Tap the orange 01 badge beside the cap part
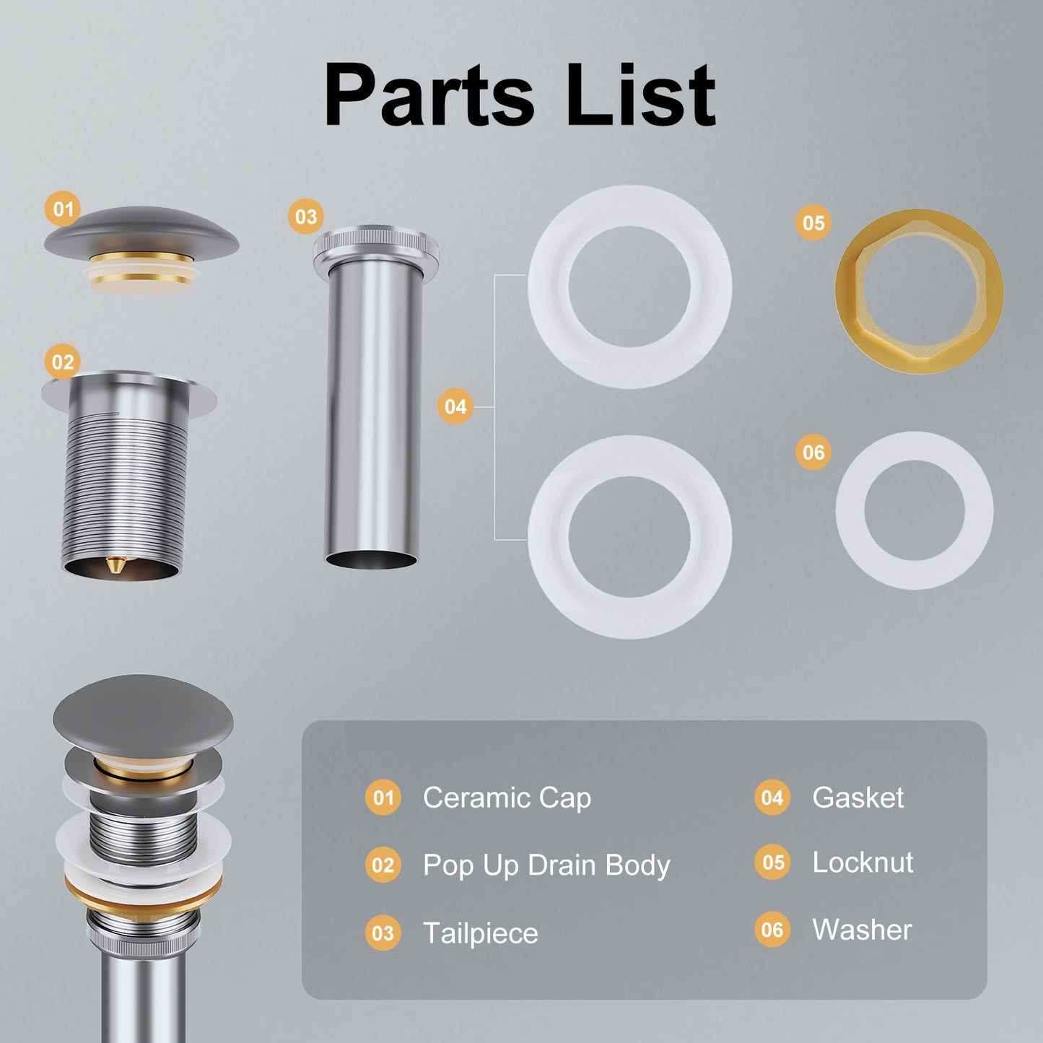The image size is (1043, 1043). coord(63,209)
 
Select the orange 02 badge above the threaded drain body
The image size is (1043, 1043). coord(63,362)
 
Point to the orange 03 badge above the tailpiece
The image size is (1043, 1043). coord(306,217)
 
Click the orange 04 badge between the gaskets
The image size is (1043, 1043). coord(455,406)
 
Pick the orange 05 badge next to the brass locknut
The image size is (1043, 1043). coord(813,222)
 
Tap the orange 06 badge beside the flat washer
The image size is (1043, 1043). coord(813,452)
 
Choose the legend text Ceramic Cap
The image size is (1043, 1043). coord(507,798)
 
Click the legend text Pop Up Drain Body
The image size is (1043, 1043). coord(546,865)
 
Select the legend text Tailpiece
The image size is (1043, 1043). coord(481,933)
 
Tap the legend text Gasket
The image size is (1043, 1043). coord(858,798)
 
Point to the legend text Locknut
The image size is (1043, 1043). coord(863,862)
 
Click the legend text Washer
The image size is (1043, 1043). coord(863,930)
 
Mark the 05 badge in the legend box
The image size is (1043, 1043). coord(773,863)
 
